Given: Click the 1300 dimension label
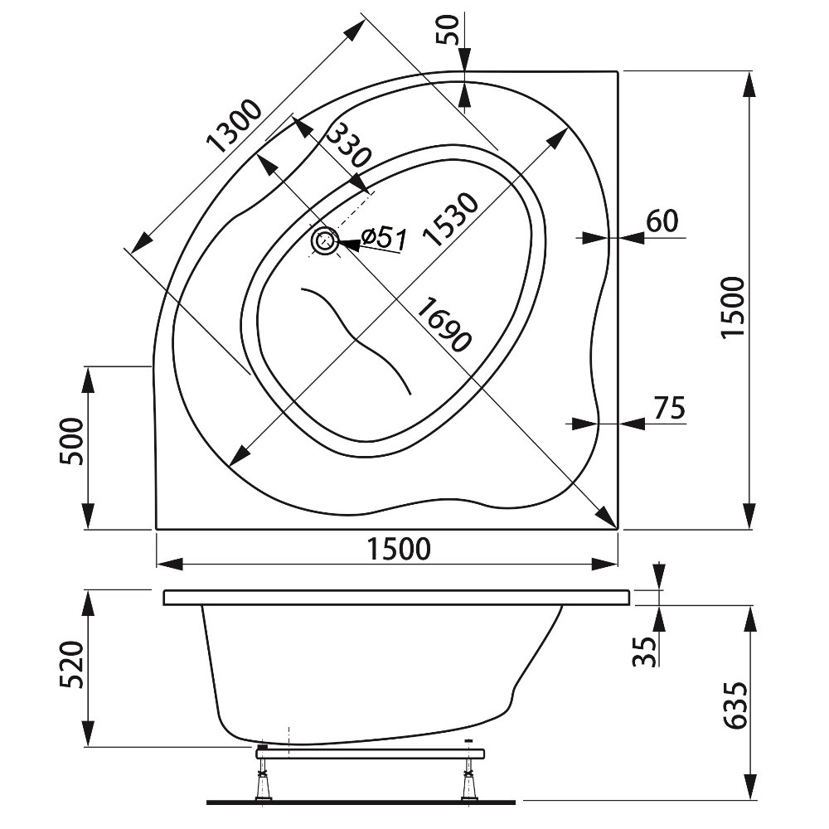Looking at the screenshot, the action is coord(235,126).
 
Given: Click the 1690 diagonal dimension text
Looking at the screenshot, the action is coord(443,324).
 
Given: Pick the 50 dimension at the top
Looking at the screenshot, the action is coord(447,29).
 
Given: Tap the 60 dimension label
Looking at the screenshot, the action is coord(662,221).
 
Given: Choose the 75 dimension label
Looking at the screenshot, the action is coord(669,407).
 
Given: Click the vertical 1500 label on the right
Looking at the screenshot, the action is coord(734,307).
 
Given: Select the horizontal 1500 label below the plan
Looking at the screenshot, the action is coord(399,549).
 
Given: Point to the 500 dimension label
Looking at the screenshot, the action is coord(72,442).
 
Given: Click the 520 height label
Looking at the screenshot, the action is coord(72,665).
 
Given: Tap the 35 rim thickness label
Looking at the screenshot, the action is coord(644,651).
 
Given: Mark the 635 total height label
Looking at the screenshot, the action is coord(736,705).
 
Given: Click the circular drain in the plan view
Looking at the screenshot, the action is coord(325,241).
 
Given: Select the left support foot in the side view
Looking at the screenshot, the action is coord(263,784).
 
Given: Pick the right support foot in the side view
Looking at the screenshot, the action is coord(468,784).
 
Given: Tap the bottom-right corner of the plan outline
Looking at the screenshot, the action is coord(618,528).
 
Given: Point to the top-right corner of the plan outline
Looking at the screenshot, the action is coord(618,70).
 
